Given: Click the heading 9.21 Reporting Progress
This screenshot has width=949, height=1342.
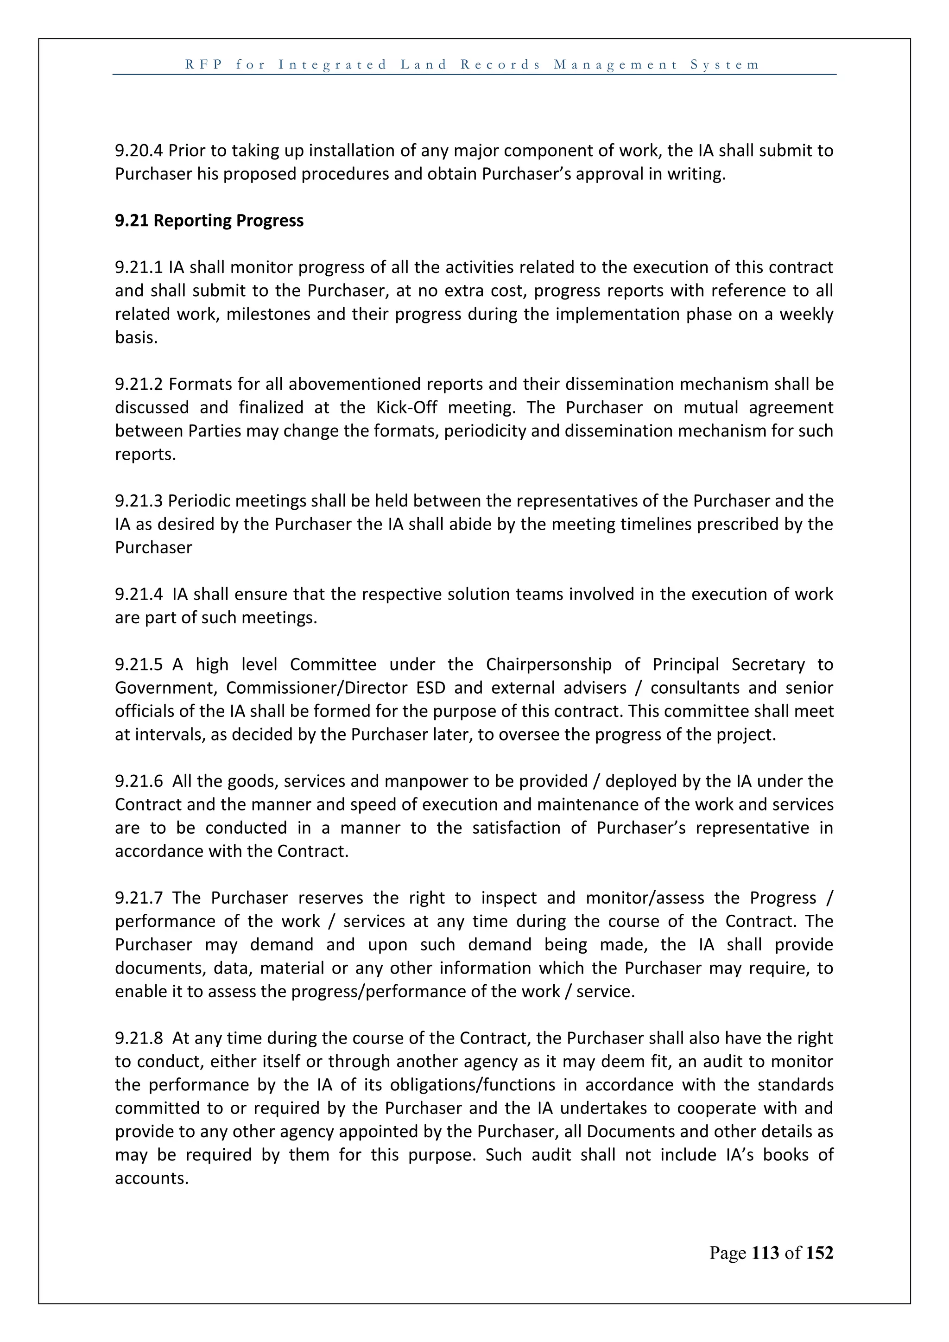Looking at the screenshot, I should [209, 221].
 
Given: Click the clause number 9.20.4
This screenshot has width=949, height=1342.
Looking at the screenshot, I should [139, 151].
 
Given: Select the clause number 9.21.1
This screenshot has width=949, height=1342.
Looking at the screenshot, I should [139, 268].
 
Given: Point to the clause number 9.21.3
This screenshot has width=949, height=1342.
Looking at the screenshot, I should [139, 501].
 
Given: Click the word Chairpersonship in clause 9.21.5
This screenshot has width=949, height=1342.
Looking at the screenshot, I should [549, 665].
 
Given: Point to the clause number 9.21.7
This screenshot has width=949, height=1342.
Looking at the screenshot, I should [139, 898].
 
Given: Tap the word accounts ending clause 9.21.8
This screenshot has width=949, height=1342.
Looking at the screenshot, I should [152, 1178].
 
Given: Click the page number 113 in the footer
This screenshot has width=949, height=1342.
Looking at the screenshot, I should [765, 1253].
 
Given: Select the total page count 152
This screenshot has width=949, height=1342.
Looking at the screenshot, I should [819, 1253].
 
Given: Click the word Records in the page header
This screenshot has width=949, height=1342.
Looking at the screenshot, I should [501, 64].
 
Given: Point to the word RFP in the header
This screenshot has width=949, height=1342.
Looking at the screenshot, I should [204, 64].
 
